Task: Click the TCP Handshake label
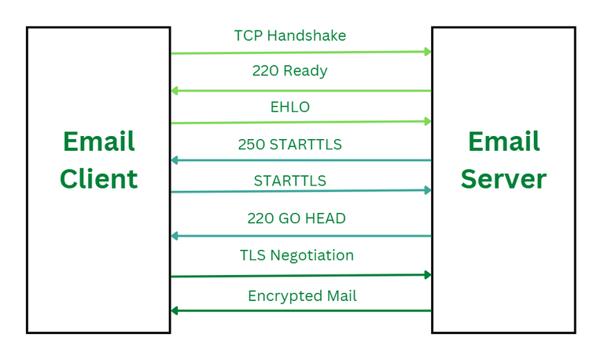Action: (290, 35)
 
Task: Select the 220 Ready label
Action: (289, 71)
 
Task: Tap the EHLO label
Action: (290, 107)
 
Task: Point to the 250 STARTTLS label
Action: (289, 145)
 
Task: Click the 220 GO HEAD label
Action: (296, 219)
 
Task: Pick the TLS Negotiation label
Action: (296, 255)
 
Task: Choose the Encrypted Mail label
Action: (302, 296)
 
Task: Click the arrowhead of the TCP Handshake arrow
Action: (428, 52)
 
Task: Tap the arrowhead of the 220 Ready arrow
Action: (175, 91)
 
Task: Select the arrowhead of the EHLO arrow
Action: (428, 122)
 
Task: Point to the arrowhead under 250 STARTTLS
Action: (175, 160)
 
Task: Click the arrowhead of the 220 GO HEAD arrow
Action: (175, 236)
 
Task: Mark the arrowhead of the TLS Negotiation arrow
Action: (428, 275)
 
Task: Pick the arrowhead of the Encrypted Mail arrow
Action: (175, 310)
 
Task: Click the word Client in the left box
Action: (98, 178)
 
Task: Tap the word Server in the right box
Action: (503, 178)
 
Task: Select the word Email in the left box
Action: (99, 141)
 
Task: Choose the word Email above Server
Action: (504, 141)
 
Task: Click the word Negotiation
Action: (312, 255)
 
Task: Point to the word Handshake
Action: (307, 35)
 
